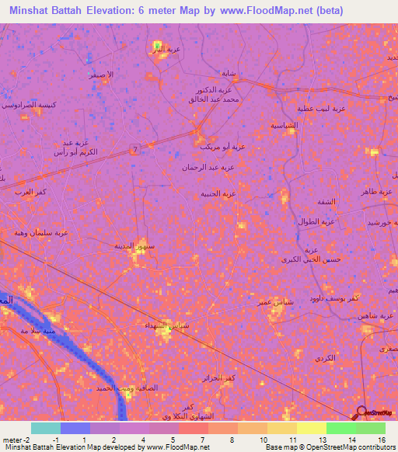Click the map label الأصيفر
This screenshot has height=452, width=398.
click(x=100, y=75)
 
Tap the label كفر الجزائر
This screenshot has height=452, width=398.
click(x=216, y=377)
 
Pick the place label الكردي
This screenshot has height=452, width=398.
click(x=326, y=358)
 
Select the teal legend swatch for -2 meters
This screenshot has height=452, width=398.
click(x=46, y=428)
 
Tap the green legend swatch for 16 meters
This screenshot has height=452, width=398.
click(x=371, y=428)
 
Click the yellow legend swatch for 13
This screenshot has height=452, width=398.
click(x=312, y=428)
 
